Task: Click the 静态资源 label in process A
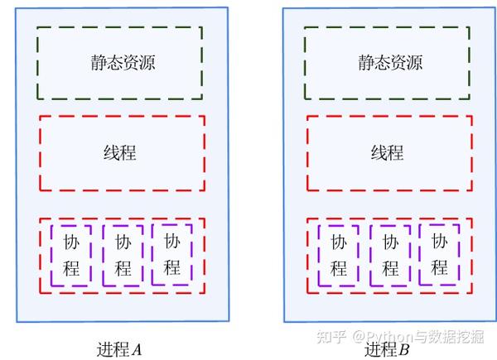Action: pos(123,62)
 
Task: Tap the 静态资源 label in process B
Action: pos(390,62)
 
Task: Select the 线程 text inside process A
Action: pos(120,152)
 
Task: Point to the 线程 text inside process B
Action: pos(388,152)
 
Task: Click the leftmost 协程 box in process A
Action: pos(51,255)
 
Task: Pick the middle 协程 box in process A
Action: pos(104,255)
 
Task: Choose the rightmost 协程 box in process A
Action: pos(152,255)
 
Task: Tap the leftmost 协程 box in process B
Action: pos(319,255)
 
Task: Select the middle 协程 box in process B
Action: pos(371,255)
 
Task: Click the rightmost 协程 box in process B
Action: pos(420,255)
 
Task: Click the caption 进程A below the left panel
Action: pos(119,349)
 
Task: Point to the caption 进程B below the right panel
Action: pos(387,349)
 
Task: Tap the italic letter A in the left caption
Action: pos(137,350)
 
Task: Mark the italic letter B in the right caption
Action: pos(404,350)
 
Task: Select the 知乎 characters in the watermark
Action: pos(331,336)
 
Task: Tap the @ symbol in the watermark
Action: pos(359,337)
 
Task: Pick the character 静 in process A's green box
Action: pos(99,62)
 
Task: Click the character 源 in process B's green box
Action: pos(415,62)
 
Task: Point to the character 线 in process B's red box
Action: pos(379,152)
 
